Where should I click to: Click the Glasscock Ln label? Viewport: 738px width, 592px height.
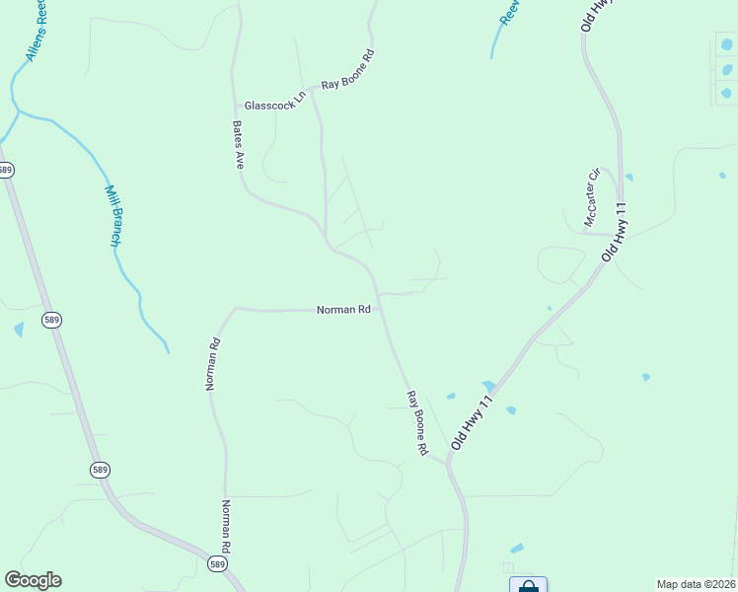pyautogui.click(x=269, y=105)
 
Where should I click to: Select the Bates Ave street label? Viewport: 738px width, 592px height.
pyautogui.click(x=238, y=145)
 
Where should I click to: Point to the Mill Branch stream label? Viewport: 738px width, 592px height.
pyautogui.click(x=113, y=216)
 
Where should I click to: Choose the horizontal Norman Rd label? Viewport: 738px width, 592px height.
pyautogui.click(x=342, y=309)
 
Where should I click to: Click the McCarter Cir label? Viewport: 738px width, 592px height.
pyautogui.click(x=592, y=197)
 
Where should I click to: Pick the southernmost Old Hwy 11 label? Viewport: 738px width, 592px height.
pyautogui.click(x=471, y=424)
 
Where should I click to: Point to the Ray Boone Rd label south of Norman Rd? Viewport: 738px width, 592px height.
pyautogui.click(x=416, y=422)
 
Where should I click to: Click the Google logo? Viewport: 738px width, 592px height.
pyautogui.click(x=33, y=580)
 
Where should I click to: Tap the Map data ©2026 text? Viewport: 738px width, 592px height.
pyautogui.click(x=696, y=583)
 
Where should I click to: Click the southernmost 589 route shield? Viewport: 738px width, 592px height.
pyautogui.click(x=217, y=562)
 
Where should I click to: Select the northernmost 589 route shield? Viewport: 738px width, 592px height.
pyautogui.click(x=6, y=170)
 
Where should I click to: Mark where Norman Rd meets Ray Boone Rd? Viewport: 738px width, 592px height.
pyautogui.click(x=380, y=309)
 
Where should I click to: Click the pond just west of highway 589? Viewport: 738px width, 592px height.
pyautogui.click(x=19, y=330)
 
